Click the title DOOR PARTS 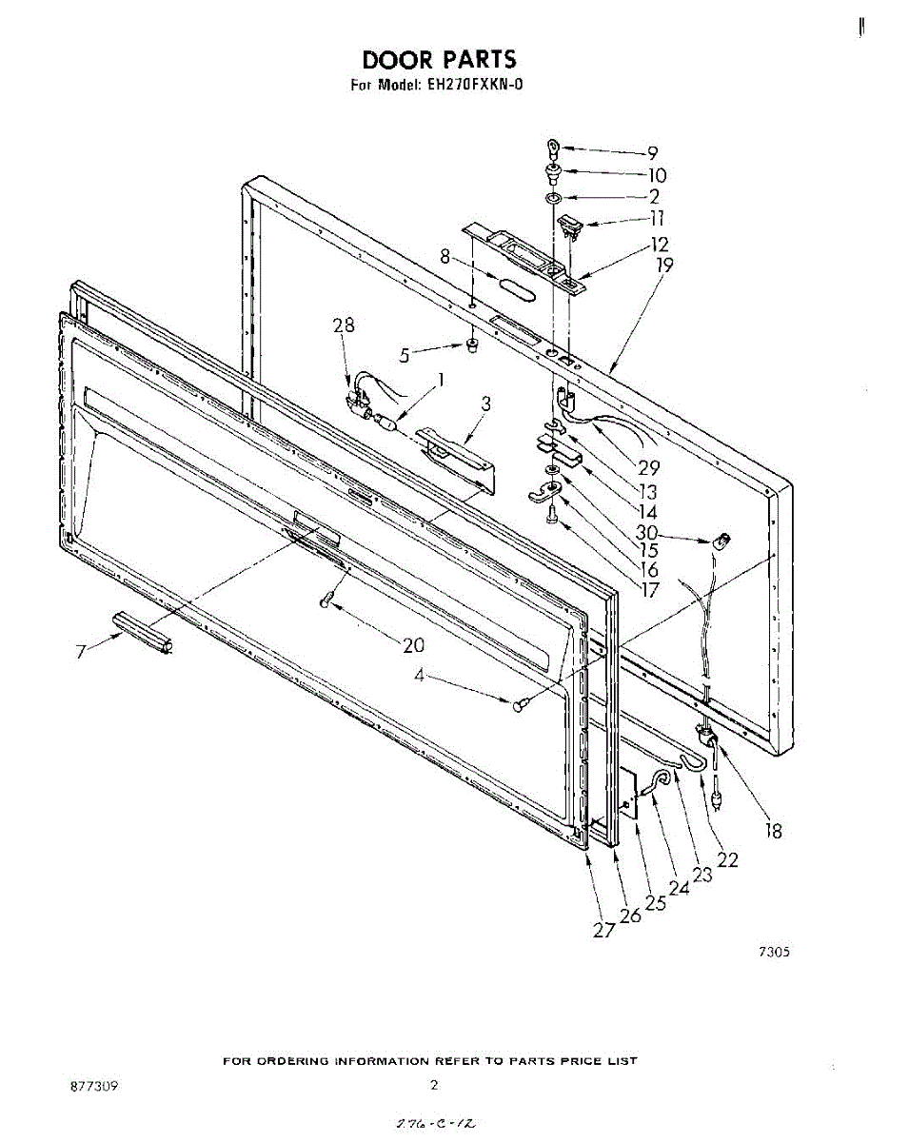point(439,60)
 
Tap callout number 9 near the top point(652,151)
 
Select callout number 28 point(343,325)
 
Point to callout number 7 point(82,651)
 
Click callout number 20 point(413,645)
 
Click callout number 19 point(663,266)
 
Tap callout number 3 point(485,404)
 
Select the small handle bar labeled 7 point(142,632)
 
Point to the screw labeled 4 point(520,705)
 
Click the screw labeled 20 point(326,601)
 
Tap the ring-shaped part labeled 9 point(552,148)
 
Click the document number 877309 point(93,1086)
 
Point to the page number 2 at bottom point(433,1085)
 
